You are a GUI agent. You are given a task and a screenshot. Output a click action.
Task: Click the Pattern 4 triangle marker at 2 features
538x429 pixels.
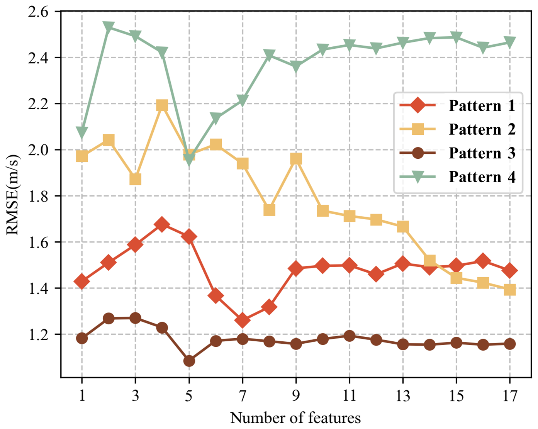click(109, 27)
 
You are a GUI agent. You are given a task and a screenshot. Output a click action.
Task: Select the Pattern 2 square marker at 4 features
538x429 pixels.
click(162, 105)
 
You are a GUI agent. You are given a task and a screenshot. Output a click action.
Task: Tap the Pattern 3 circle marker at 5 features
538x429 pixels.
click(189, 361)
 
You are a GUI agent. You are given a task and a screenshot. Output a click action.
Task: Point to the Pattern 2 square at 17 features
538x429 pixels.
click(510, 290)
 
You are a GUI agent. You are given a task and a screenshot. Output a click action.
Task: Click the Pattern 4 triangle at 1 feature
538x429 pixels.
click(82, 132)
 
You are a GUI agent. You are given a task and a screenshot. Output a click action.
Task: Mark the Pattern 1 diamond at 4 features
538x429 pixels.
click(162, 224)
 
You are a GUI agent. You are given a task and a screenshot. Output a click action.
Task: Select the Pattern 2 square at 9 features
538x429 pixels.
click(296, 159)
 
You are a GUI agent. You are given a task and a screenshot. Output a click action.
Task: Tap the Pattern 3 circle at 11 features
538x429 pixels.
click(350, 336)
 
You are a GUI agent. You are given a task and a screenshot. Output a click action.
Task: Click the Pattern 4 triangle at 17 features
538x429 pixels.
click(510, 42)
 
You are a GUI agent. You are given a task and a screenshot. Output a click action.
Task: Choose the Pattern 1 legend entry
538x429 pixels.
click(457, 105)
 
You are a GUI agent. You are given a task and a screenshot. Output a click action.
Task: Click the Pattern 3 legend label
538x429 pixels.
click(482, 153)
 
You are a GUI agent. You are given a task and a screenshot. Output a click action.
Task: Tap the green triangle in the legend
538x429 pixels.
click(418, 176)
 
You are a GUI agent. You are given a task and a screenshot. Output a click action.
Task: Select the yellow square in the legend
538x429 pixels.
click(418, 129)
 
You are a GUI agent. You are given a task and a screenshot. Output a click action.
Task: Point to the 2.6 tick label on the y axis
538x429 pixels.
click(38, 12)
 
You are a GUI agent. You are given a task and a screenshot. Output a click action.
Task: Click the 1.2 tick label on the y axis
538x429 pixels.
click(38, 335)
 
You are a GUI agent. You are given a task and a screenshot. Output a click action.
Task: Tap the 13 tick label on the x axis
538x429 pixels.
click(403, 396)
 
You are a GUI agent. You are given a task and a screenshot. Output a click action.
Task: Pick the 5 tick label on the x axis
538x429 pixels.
click(189, 396)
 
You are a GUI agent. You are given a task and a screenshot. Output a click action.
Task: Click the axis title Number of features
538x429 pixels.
click(295, 417)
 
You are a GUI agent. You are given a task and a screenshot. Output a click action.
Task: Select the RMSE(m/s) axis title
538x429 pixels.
click(12, 195)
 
